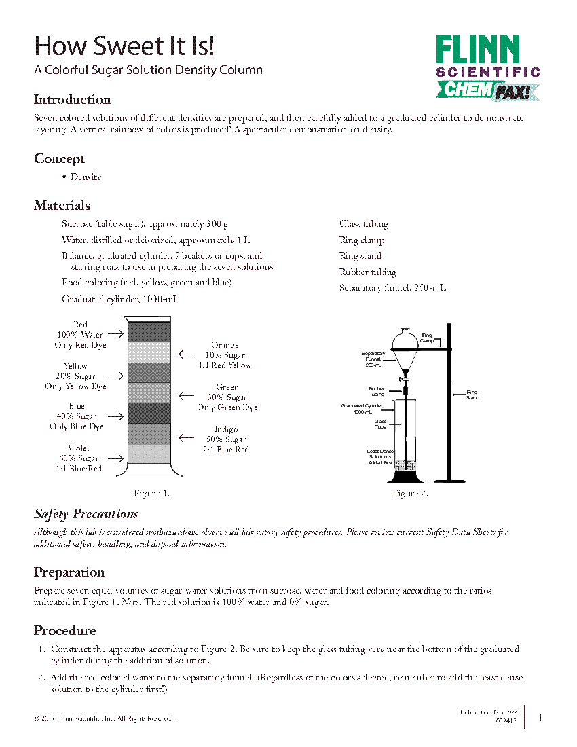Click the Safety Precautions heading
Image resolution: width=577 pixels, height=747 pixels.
click(86, 513)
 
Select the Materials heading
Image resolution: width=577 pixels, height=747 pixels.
click(62, 206)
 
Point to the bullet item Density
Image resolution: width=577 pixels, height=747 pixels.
click(86, 177)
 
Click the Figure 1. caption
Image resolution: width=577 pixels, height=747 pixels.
click(151, 493)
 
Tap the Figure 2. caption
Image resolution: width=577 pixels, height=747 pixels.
click(409, 493)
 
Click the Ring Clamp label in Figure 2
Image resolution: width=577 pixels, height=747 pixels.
click(427, 338)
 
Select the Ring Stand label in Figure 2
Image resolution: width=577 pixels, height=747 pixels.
click(472, 395)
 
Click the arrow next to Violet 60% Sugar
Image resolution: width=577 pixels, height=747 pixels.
click(115, 458)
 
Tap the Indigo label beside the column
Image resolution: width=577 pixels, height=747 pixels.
click(227, 429)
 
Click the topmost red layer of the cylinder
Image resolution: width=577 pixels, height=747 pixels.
click(149, 331)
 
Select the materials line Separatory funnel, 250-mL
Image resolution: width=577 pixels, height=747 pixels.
click(392, 288)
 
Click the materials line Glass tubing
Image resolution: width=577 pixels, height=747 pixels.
click(364, 224)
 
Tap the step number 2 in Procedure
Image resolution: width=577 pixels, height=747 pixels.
click(41, 677)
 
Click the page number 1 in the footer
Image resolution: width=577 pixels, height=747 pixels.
click(540, 718)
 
